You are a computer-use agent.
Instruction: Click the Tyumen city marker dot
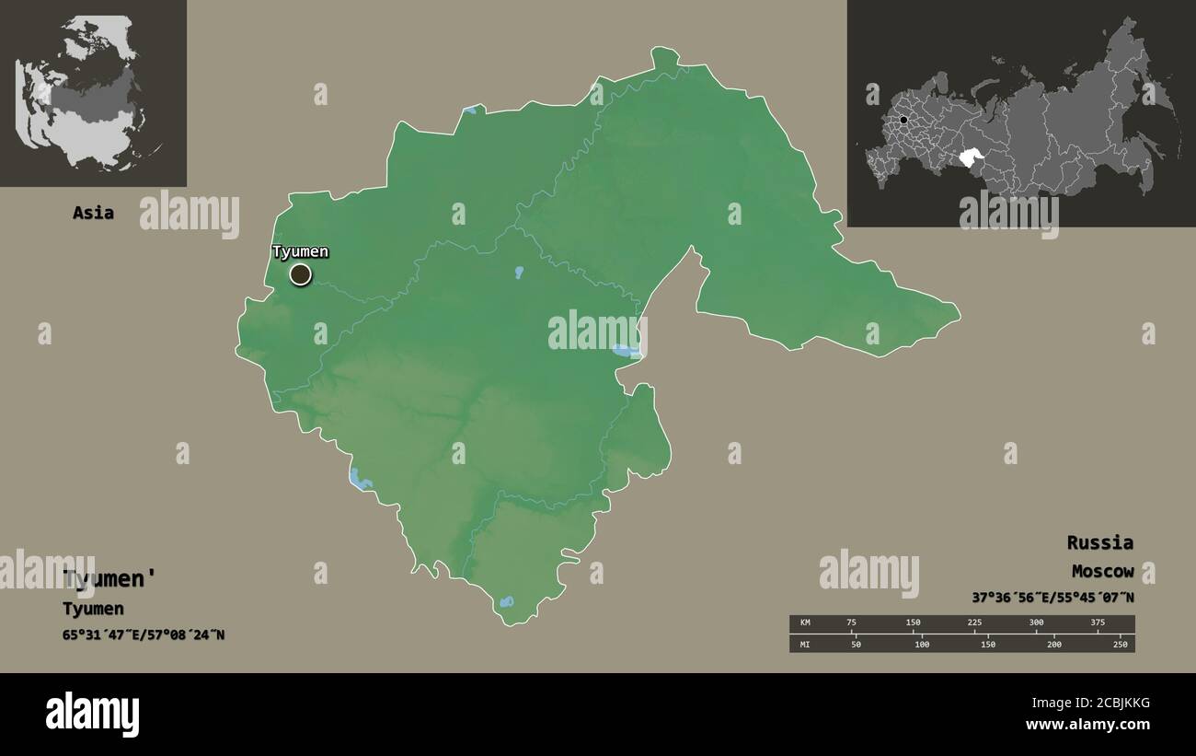click(300, 274)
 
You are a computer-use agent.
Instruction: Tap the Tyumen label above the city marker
click(300, 251)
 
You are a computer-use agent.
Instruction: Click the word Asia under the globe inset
click(94, 213)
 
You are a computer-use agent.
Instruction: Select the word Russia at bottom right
click(1099, 542)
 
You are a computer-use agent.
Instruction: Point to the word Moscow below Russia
click(1102, 572)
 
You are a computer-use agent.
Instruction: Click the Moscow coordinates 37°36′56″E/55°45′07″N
click(1052, 598)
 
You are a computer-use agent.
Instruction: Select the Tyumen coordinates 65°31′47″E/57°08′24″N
click(144, 634)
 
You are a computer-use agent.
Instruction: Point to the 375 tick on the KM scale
click(1098, 622)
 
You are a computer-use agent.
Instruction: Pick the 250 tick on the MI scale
click(1120, 645)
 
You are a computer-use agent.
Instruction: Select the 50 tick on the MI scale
click(856, 645)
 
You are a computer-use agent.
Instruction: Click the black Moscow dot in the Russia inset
click(904, 121)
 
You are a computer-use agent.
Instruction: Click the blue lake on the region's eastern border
click(626, 351)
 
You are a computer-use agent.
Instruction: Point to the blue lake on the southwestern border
click(359, 479)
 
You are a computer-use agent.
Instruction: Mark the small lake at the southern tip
click(506, 602)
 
